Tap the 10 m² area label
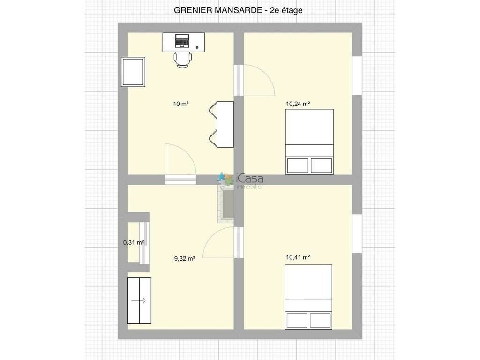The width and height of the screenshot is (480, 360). tap(181, 104)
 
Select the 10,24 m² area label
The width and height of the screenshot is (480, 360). tap(298, 104)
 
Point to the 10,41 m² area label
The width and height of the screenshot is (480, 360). tap(298, 257)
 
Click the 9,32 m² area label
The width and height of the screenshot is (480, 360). tap(185, 259)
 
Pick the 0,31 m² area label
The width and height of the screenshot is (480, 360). tap(134, 243)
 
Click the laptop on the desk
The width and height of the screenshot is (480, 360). tap(182, 41)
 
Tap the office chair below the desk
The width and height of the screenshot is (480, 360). tap(183, 60)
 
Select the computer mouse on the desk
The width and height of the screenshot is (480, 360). tap(197, 47)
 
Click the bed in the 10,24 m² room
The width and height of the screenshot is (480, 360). tap(309, 142)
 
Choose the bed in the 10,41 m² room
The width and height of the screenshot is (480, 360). tap(308, 297)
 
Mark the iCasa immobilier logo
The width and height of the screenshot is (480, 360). tap(240, 180)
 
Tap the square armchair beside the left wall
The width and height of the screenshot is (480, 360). tap(133, 72)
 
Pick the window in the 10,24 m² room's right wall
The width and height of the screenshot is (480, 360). tap(357, 75)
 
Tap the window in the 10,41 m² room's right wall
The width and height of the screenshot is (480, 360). tap(357, 233)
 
